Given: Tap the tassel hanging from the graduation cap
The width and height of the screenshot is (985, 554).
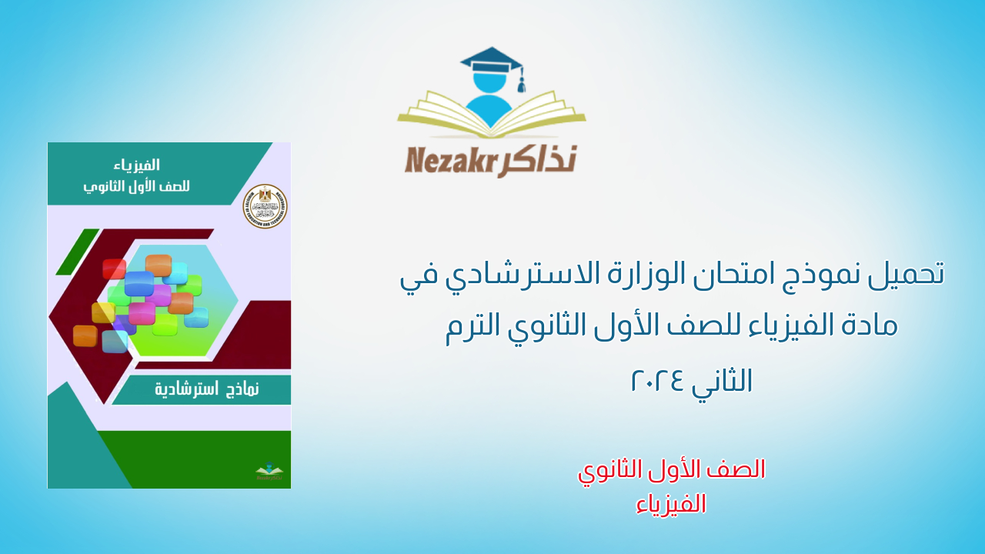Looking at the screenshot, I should point(521,81).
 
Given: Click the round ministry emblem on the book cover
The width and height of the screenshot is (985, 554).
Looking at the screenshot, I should point(265,206).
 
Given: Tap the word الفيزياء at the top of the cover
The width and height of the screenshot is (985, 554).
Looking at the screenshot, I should point(136,165).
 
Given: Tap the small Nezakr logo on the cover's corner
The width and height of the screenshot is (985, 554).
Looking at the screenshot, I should point(269,472).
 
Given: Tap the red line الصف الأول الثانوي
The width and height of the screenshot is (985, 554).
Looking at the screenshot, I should point(671,469).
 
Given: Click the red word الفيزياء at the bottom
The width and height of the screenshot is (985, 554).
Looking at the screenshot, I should point(671,504).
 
